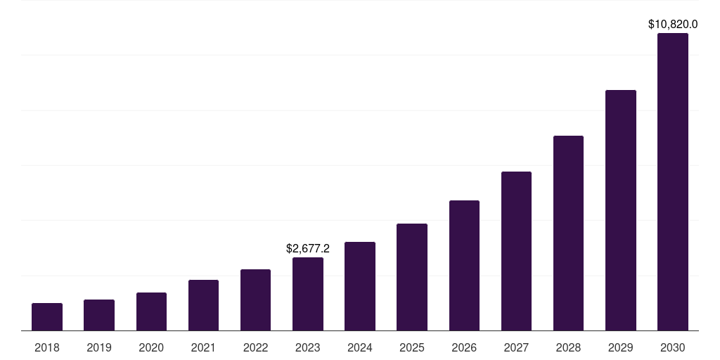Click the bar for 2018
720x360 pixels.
click(x=47, y=316)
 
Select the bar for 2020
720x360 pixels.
click(x=151, y=311)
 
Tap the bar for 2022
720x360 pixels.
click(x=255, y=300)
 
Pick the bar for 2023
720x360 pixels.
click(x=308, y=294)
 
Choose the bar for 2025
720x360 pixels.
click(x=412, y=277)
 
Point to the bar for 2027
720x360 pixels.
click(x=516, y=251)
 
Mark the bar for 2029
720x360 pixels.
click(x=620, y=210)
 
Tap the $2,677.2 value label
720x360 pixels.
click(x=308, y=248)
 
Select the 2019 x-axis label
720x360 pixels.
click(x=99, y=347)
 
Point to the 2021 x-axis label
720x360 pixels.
click(x=203, y=347)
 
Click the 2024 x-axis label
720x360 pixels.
click(x=360, y=347)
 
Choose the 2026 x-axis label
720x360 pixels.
click(x=464, y=347)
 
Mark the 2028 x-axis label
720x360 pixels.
click(x=568, y=347)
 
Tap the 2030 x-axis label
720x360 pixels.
click(x=673, y=347)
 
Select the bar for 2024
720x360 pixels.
click(x=360, y=286)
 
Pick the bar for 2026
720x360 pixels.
click(x=464, y=265)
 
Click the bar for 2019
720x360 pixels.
click(x=99, y=315)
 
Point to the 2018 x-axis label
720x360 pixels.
click(x=47, y=347)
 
